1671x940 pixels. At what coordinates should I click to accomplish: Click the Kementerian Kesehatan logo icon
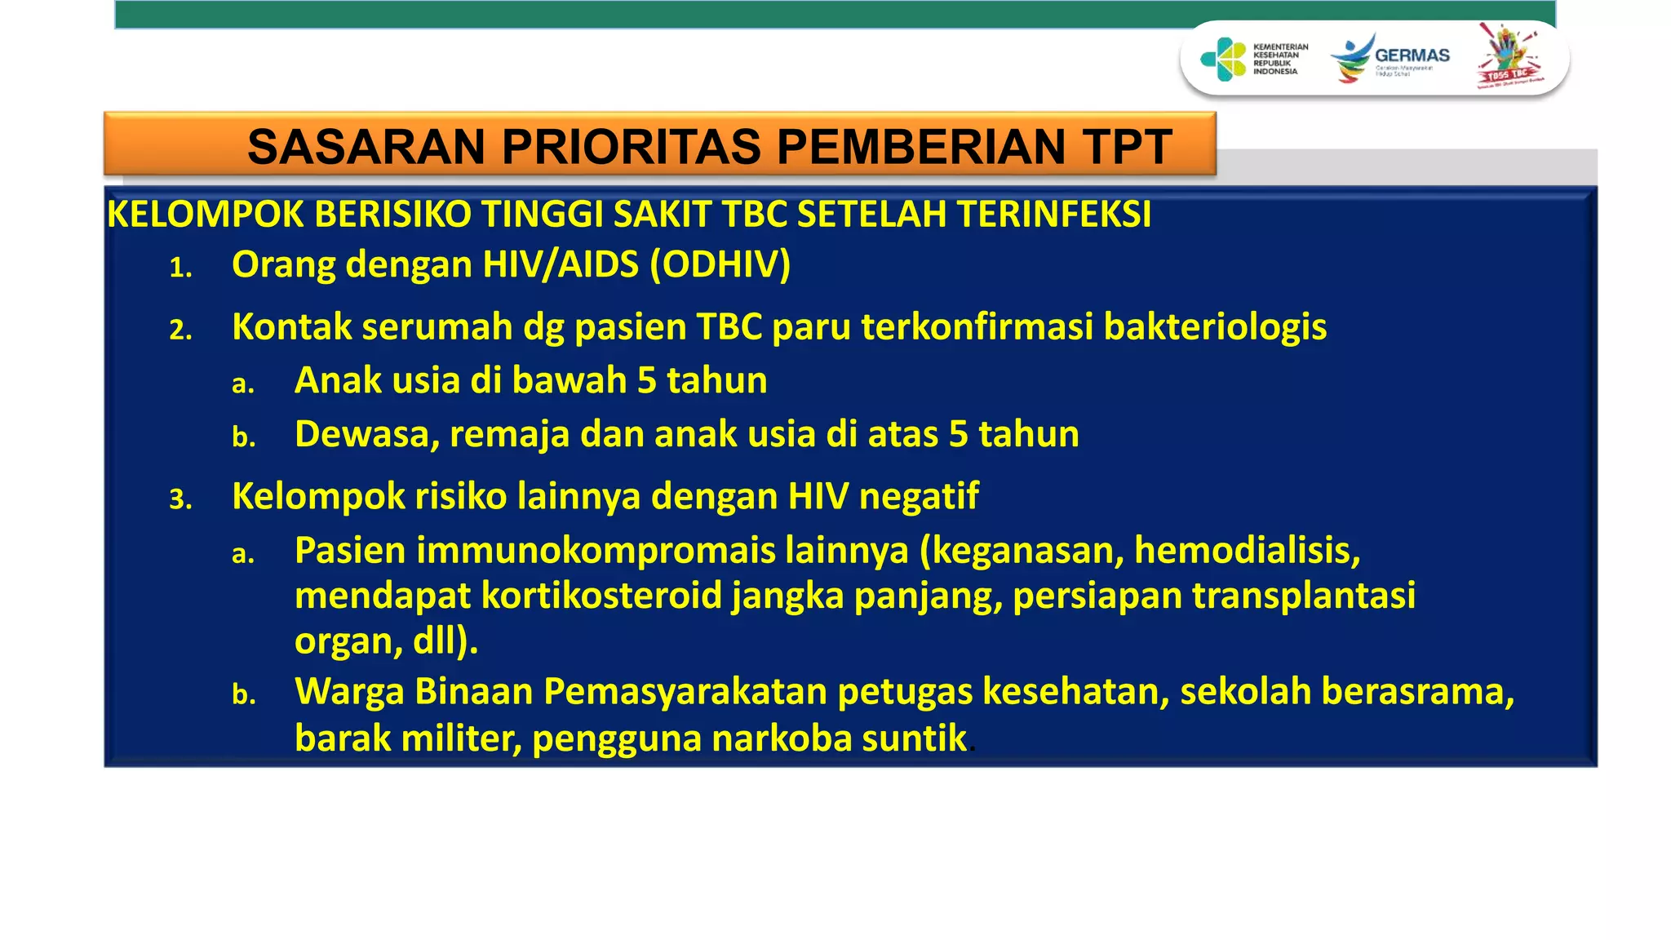click(x=1222, y=60)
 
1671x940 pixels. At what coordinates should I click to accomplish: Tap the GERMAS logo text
click(x=1412, y=55)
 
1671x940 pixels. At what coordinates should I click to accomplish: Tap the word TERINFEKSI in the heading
click(x=1054, y=215)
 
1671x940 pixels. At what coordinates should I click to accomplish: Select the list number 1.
click(x=180, y=268)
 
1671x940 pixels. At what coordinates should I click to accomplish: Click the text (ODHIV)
click(x=720, y=265)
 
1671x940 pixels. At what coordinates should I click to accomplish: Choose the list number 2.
click(x=180, y=330)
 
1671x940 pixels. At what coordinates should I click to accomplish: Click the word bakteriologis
click(x=1215, y=327)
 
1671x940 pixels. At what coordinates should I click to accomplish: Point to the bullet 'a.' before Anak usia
click(x=242, y=384)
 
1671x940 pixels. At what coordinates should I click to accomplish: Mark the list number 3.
click(x=180, y=499)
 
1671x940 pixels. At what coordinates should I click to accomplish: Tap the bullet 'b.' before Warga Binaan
click(x=243, y=694)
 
